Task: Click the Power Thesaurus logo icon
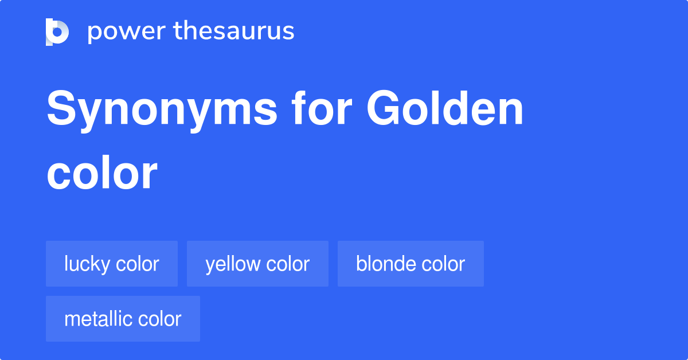(57, 32)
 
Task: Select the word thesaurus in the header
(234, 32)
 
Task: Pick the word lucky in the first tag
(87, 264)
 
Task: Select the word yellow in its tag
(232, 264)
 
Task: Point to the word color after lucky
(138, 264)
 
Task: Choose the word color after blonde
(443, 264)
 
